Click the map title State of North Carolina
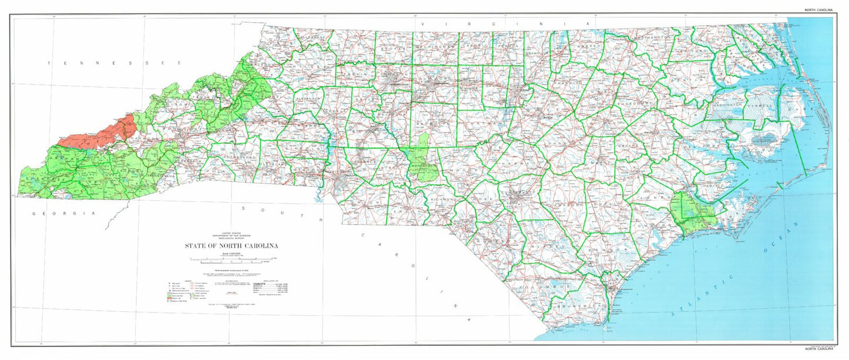click(x=231, y=245)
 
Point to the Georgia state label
click(x=63, y=213)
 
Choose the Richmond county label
click(x=444, y=200)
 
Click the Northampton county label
click(x=652, y=37)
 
